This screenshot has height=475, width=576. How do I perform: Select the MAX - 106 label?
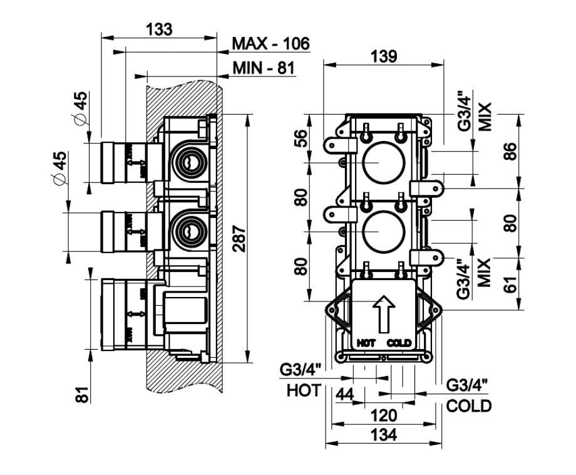coord(270,44)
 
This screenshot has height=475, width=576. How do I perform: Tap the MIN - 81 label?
coord(263,68)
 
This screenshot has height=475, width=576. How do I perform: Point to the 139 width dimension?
coord(383,56)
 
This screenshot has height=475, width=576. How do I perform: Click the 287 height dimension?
coord(240,239)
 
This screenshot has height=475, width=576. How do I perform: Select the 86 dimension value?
coord(512,150)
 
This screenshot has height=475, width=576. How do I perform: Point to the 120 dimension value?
coord(383,415)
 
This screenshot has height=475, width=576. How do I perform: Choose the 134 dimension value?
coord(383,435)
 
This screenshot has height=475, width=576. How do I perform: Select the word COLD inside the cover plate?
coord(399,343)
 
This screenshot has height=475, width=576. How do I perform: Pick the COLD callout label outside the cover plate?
coord(469,405)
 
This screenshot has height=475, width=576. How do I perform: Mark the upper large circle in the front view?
coord(381,162)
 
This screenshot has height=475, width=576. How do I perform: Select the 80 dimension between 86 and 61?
coord(512,223)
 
